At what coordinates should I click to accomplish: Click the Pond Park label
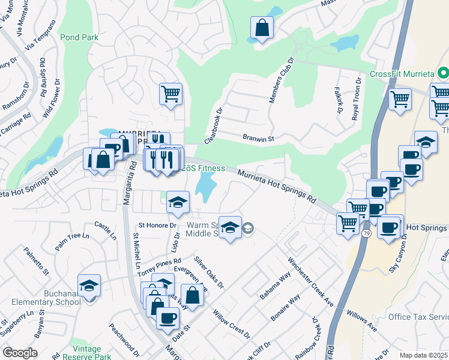click(x=79, y=37)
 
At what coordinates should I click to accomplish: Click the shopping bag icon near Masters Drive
click(x=262, y=28)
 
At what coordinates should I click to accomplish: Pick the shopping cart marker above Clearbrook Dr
click(x=170, y=94)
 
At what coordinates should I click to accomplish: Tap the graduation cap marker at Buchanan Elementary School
click(x=89, y=286)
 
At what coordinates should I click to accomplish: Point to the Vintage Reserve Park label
click(x=78, y=353)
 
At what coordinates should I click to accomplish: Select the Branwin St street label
click(x=258, y=139)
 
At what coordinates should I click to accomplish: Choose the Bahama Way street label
click(x=275, y=285)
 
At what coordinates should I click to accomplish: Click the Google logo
click(x=20, y=353)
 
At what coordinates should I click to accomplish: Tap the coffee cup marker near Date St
click(x=167, y=317)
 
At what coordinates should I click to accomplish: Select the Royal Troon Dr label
click(x=356, y=99)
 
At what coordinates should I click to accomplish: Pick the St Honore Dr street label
click(x=158, y=226)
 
